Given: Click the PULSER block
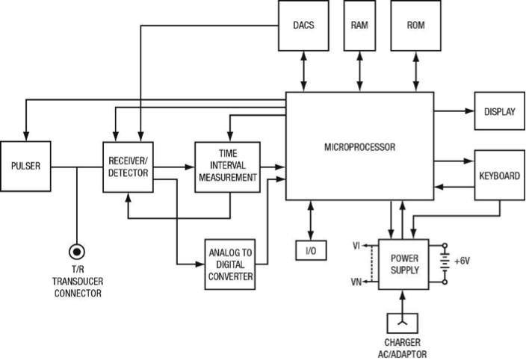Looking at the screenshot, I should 26,166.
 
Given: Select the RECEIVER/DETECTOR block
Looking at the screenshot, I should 127,166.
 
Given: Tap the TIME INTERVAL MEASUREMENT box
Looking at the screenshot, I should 227,166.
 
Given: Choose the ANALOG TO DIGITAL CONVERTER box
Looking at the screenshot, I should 229,264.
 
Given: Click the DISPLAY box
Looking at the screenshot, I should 499,112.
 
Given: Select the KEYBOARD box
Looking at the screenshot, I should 499,176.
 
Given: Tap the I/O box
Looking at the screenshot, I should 311,250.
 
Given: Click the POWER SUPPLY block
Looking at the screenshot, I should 403,263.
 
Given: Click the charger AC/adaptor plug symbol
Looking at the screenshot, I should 403,323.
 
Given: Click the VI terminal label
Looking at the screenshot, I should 356,245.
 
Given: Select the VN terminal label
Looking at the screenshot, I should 356,281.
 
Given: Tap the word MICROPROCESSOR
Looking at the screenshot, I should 359,147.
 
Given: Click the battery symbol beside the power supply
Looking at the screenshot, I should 445,263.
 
